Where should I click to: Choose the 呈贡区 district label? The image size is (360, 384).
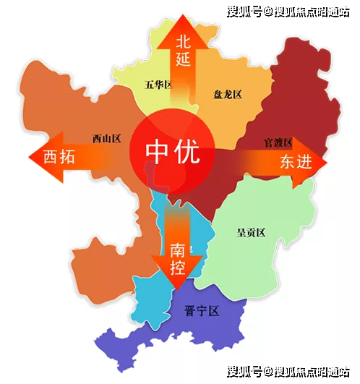(x=252, y=232)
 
